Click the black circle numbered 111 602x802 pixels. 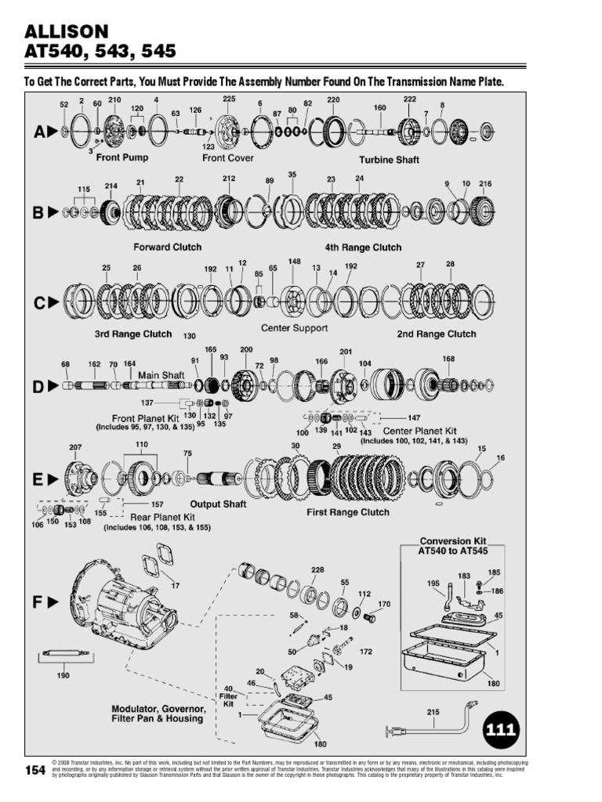[x=500, y=731]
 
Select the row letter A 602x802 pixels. [x=40, y=132]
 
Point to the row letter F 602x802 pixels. [x=40, y=602]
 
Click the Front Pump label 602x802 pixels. [x=122, y=157]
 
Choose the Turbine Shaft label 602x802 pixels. [x=389, y=160]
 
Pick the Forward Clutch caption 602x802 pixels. [x=167, y=247]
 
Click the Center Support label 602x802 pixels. [x=294, y=328]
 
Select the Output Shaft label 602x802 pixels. [x=219, y=504]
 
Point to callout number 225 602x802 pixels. [x=229, y=99]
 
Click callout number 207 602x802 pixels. [x=75, y=447]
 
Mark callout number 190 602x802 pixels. [x=63, y=675]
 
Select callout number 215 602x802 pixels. [x=433, y=712]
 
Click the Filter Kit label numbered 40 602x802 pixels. [x=228, y=694]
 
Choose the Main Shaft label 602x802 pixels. [x=161, y=375]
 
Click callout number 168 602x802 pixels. [x=448, y=359]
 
